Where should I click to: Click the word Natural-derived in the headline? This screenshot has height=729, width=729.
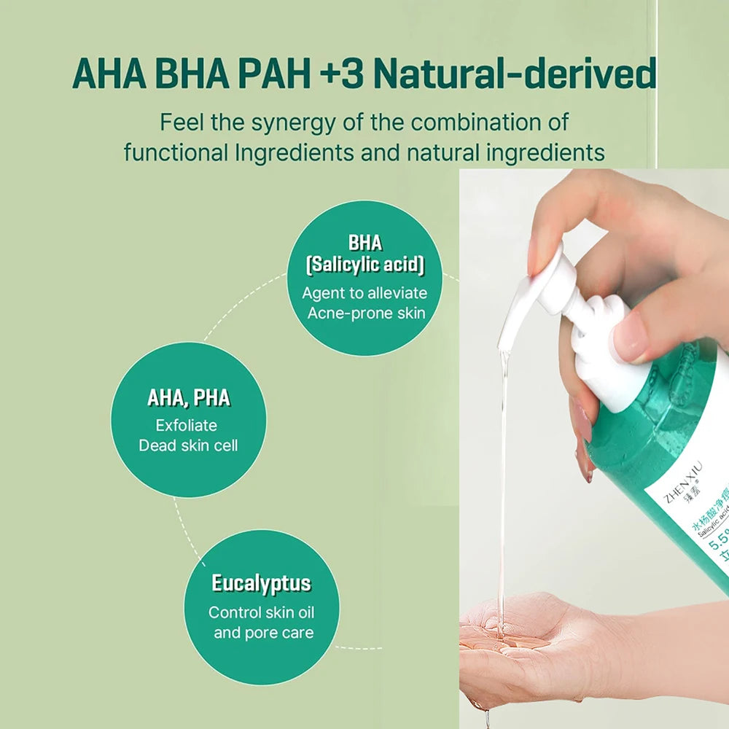pyautogui.click(x=519, y=76)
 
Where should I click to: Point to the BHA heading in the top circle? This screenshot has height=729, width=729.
pyautogui.click(x=364, y=243)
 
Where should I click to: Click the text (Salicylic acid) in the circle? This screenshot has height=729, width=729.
pyautogui.click(x=364, y=265)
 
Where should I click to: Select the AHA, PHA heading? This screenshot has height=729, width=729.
pyautogui.click(x=188, y=398)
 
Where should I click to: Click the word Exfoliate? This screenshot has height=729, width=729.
pyautogui.click(x=187, y=425)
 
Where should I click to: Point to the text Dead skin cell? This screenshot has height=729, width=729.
pyautogui.click(x=188, y=445)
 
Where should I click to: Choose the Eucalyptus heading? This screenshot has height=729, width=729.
pyautogui.click(x=261, y=583)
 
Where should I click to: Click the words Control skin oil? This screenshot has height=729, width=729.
pyautogui.click(x=262, y=612)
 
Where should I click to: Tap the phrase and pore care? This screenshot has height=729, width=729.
pyautogui.click(x=263, y=632)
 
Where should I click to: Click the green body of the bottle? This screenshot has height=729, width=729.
pyautogui.click(x=649, y=423)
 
